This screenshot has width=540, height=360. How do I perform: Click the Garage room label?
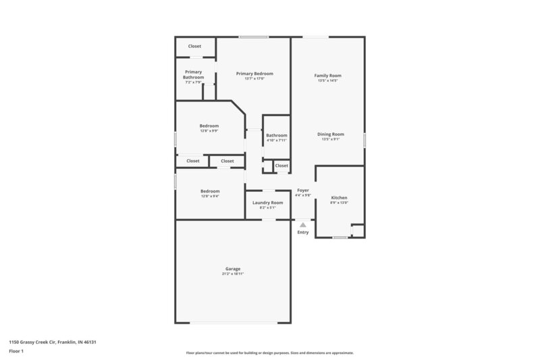(232, 269)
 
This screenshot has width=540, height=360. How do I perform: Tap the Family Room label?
(327, 75)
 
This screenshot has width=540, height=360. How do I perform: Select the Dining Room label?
(331, 134)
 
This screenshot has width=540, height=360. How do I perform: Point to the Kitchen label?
(339, 198)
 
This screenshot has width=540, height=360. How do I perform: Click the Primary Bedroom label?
(254, 73)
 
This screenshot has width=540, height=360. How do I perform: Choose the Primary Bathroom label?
(193, 74)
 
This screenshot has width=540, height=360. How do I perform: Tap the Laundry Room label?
(267, 203)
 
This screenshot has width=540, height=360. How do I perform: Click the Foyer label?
(303, 190)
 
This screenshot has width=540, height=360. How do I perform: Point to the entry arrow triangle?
(303, 225)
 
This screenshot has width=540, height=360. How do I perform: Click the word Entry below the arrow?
(303, 232)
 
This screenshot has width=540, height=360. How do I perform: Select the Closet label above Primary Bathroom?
(194, 46)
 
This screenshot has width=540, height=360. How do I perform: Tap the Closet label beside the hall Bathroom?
(281, 165)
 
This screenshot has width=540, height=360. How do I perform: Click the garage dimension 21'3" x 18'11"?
(232, 274)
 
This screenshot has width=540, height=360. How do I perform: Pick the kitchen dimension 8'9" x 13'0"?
(339, 203)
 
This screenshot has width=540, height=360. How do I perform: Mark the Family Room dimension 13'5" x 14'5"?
(327, 80)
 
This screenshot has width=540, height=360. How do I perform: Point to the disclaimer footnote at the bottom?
(269, 353)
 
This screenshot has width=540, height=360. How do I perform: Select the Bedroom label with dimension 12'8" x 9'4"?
(210, 191)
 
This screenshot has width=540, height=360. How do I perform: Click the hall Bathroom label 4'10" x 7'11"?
(277, 135)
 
